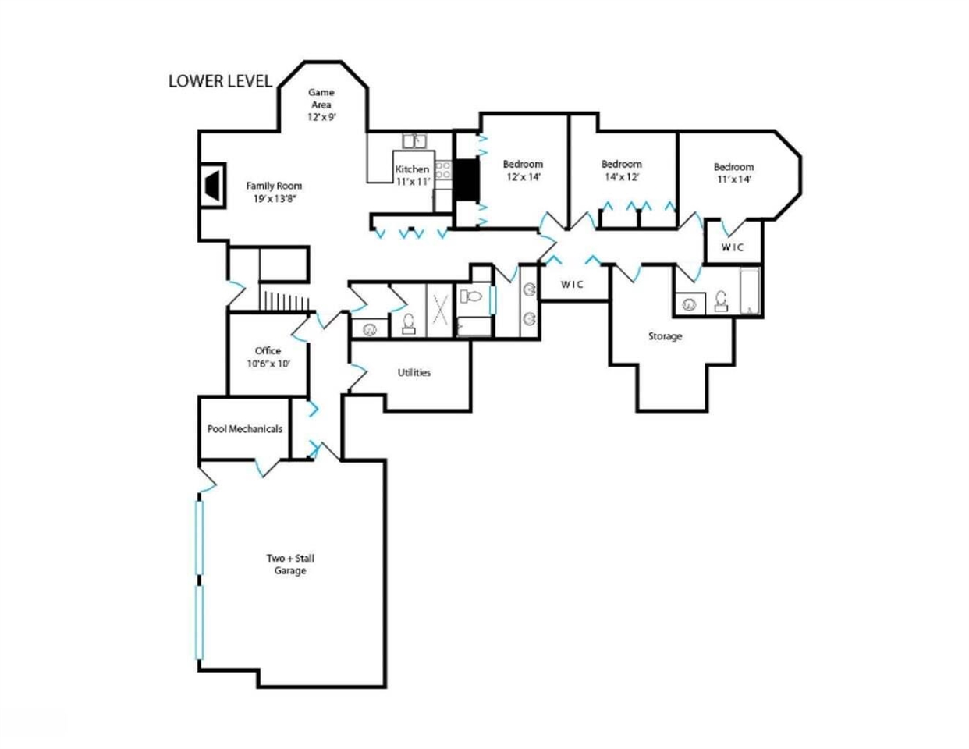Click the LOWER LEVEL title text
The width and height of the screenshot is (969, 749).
point(220,81)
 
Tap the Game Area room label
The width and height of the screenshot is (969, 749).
point(321,98)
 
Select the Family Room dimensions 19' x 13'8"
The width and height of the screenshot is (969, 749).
point(275,199)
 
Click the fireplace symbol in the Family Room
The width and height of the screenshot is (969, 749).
point(213,185)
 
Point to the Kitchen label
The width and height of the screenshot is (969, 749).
point(412,169)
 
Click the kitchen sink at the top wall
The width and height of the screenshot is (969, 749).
point(414,141)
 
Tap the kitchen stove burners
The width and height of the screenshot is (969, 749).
point(443,170)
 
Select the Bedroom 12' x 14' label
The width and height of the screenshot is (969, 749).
point(523,170)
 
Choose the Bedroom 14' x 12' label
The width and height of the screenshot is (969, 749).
point(622,170)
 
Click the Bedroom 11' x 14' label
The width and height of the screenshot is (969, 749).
point(733,173)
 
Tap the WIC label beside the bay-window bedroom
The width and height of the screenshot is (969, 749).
point(733,247)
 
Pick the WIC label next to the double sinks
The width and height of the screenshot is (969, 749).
point(572,284)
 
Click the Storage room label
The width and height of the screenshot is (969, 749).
point(665,336)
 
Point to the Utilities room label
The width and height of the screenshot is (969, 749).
point(414,372)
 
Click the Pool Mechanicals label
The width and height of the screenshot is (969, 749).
point(245,429)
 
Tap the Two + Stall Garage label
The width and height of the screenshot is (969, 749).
point(290,564)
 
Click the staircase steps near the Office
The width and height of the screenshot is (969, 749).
point(285,300)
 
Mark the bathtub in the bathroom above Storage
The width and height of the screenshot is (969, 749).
point(750,292)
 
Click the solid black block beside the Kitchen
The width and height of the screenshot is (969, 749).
point(467,179)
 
